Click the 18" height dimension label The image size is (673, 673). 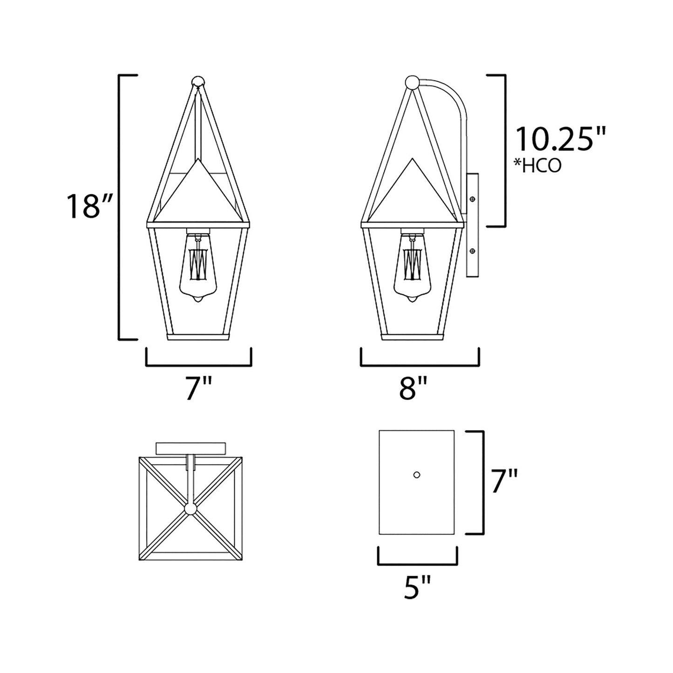89,206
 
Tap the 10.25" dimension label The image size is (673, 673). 561,139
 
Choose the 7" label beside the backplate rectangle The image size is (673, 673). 504,481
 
